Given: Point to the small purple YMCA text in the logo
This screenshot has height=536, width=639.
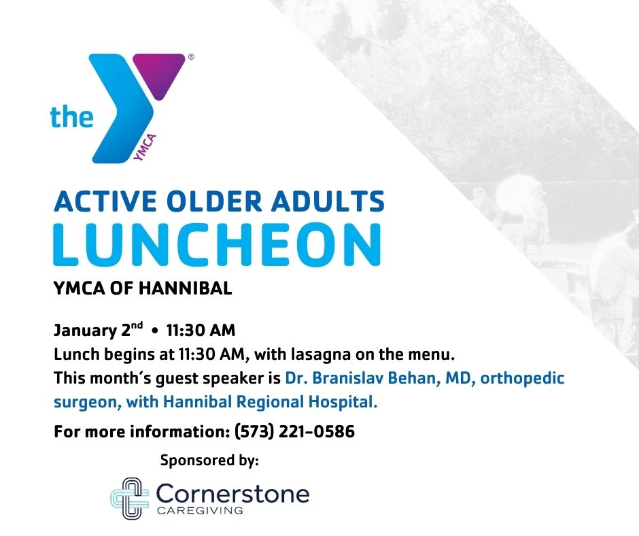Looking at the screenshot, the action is [145, 147].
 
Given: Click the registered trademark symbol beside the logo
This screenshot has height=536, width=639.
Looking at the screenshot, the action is [191, 57].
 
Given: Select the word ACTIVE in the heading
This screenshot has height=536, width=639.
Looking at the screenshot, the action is [105, 201].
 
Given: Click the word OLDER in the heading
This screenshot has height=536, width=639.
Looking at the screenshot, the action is [214, 201].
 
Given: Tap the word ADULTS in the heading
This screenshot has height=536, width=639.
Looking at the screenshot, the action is [328, 201].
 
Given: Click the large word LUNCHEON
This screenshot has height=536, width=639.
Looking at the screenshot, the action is [218, 244].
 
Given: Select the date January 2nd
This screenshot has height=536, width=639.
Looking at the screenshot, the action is [98, 329].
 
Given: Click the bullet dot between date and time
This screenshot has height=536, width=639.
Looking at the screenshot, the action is [154, 331].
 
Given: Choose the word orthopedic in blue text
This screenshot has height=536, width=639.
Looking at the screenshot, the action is [523, 379].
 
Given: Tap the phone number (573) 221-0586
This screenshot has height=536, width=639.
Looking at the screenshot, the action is [294, 431].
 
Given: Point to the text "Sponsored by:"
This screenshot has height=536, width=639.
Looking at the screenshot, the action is [209, 460].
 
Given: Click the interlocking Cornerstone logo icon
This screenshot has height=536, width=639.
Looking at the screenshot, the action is [130, 499].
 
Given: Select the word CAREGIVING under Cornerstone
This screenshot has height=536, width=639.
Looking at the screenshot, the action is [200, 510].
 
